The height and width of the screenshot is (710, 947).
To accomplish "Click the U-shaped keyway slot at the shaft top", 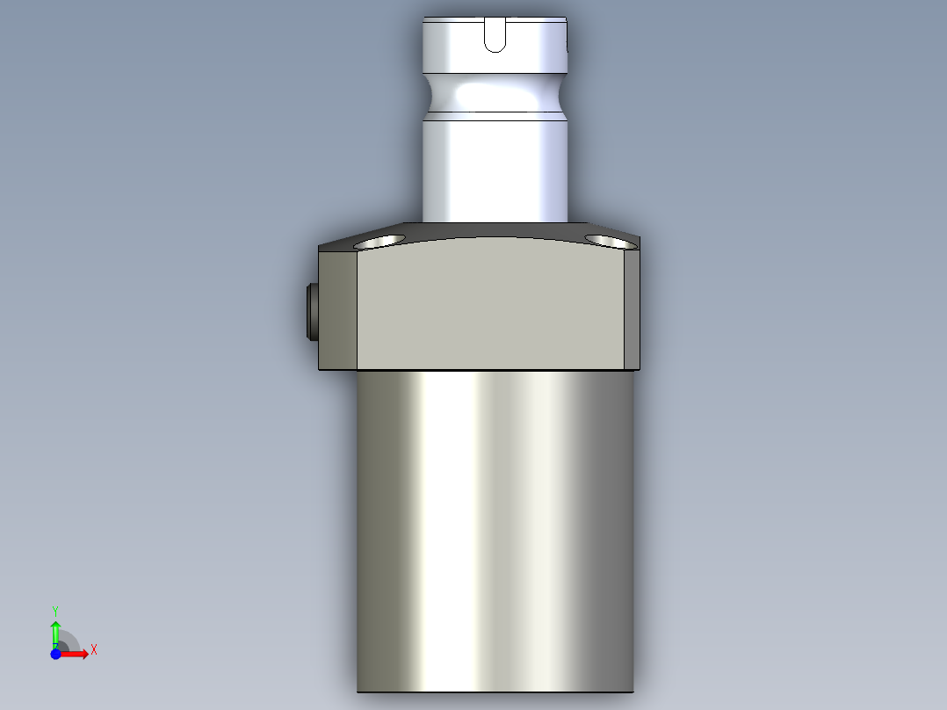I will point(495,35).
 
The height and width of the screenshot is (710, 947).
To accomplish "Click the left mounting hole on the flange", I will point(379,241).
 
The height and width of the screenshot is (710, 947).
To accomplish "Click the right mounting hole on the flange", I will point(609,240).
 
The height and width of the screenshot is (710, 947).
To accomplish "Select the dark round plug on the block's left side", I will point(312,312).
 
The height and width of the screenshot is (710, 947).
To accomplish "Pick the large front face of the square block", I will point(492,308).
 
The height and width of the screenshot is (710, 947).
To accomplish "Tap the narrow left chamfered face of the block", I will point(339,309).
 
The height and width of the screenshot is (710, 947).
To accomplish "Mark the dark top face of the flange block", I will point(492,231).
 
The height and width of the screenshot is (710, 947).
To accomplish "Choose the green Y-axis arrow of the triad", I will point(55,630).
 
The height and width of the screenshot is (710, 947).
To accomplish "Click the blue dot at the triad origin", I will point(55,654).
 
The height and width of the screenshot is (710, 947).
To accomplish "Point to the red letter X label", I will point(94,650).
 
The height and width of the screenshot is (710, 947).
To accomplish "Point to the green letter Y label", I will point(55,610).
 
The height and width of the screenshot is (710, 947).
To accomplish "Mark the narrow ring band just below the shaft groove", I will point(495,117).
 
